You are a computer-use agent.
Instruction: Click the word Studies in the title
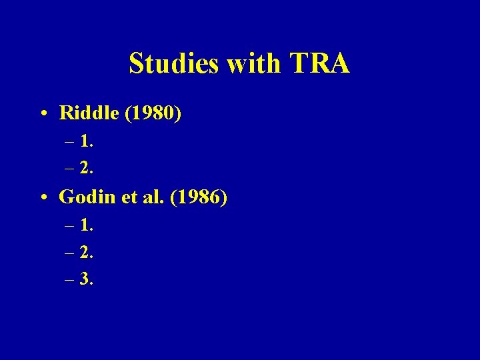click(x=174, y=64)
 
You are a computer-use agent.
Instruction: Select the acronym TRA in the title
click(x=320, y=64)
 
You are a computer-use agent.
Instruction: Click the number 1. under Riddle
click(x=86, y=141)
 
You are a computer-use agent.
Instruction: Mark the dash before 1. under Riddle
click(x=70, y=142)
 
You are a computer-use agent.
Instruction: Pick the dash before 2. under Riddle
click(x=70, y=169)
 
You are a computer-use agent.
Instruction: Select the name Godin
click(x=83, y=197)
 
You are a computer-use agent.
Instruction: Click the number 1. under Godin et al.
click(x=86, y=225)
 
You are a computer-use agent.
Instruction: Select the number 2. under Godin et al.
click(x=86, y=252)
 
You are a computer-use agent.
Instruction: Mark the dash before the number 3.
click(x=70, y=280)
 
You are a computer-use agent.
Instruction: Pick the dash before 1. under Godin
click(x=70, y=227)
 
